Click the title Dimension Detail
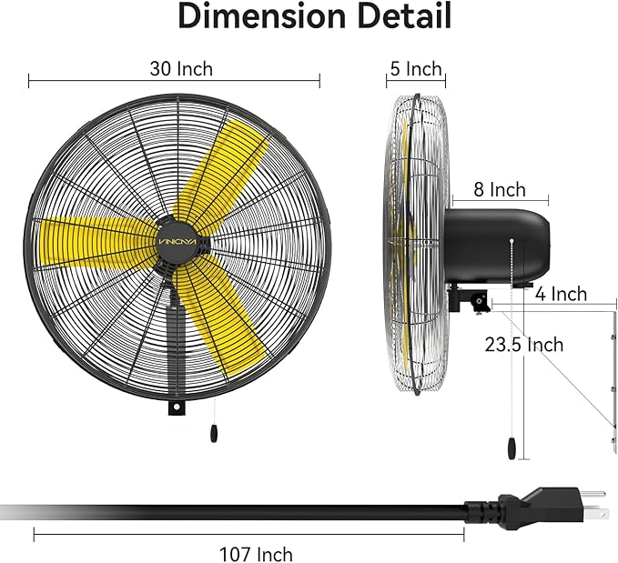click(313, 15)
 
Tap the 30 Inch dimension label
click(182, 68)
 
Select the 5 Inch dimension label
click(415, 69)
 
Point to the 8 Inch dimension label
click(500, 190)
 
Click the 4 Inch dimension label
click(561, 294)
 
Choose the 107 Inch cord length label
click(256, 553)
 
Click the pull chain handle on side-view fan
click(512, 447)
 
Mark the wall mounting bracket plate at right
click(613, 382)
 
